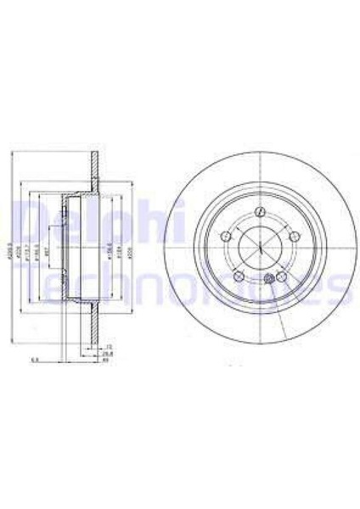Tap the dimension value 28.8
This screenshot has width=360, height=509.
pos(108,355)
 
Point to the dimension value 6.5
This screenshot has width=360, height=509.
pos(34,361)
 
